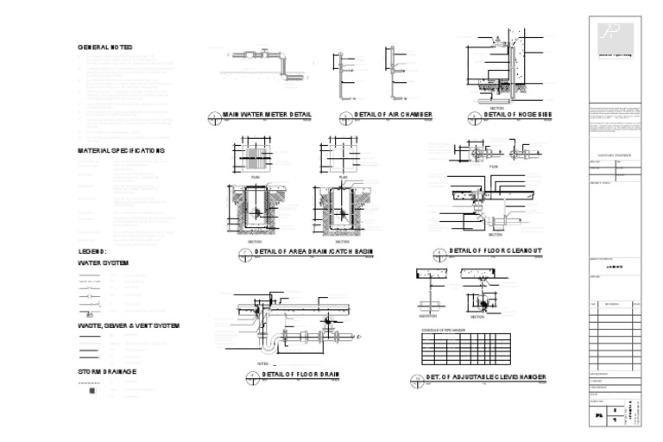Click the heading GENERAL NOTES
pyautogui.click(x=105, y=47)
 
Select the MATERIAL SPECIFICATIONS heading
pyautogui.click(x=121, y=150)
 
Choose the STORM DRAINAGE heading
pyautogui.click(x=107, y=371)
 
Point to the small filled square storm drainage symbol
pyautogui.click(x=92, y=391)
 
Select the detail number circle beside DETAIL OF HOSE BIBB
pyautogui.click(x=474, y=117)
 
